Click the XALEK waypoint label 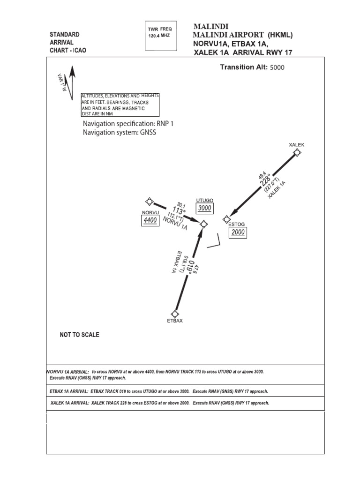coord(296,145)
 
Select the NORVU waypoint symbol coord(150,202)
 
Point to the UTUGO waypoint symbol coord(203,225)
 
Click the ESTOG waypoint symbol coord(227,218)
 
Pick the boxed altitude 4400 coord(150,221)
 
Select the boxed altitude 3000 coord(205,208)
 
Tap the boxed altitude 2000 coord(238,232)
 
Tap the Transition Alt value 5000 coord(277,67)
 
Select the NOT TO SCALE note coord(79,335)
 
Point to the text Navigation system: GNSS coord(119,132)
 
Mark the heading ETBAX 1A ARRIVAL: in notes coord(69,391)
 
